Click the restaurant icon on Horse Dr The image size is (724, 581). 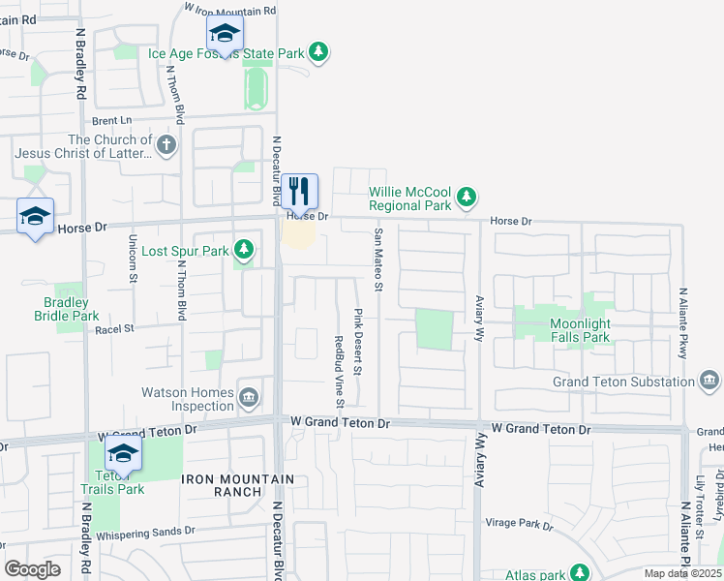click(x=300, y=191)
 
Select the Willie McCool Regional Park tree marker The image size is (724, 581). click(x=468, y=198)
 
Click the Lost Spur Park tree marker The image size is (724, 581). click(x=245, y=251)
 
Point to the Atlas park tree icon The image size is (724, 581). click(x=580, y=574)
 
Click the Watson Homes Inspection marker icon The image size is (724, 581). click(x=249, y=393)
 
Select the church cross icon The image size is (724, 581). click(x=166, y=147)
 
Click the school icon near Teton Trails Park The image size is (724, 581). click(x=124, y=453)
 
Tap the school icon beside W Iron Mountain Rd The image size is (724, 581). click(x=225, y=36)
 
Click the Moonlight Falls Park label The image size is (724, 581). click(x=581, y=330)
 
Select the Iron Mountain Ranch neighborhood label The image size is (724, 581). click(x=222, y=485)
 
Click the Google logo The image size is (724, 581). click(x=32, y=569)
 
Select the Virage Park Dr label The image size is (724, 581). click(x=519, y=524)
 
